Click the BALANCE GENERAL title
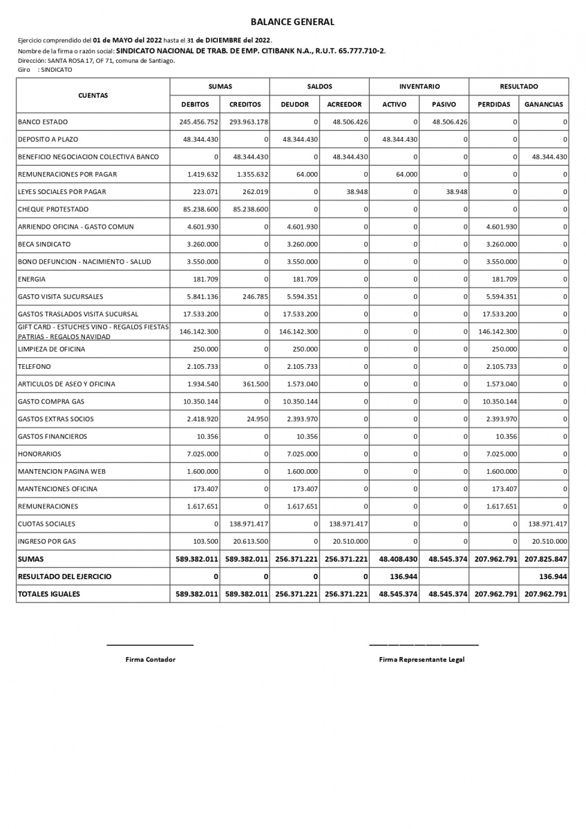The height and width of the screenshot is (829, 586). [292, 22]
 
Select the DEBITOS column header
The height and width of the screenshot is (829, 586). [195, 105]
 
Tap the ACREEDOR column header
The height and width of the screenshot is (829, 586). [344, 105]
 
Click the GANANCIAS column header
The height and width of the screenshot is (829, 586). [544, 105]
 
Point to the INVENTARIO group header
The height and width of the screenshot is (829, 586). [419, 86]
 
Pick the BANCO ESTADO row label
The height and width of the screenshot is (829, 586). [43, 122]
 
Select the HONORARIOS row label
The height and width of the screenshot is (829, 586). [40, 454]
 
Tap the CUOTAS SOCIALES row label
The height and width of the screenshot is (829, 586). [47, 524]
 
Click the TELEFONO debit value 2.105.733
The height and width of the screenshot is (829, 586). [202, 367]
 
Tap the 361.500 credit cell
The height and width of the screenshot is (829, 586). [254, 384]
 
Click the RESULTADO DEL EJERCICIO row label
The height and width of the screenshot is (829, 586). [64, 576]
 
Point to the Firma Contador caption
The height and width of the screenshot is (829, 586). [150, 660]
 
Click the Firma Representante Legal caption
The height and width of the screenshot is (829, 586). [422, 660]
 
